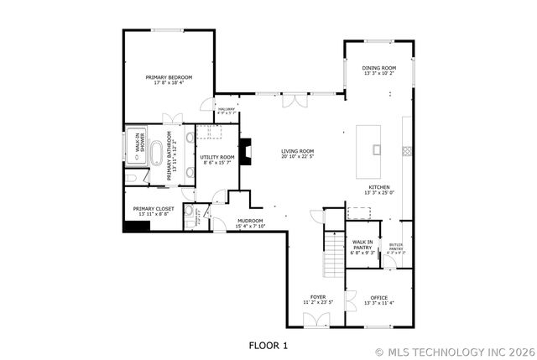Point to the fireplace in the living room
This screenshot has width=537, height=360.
tap(244, 151)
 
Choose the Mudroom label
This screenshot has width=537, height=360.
tap(227, 222)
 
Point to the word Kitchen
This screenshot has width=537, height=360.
tap(379, 187)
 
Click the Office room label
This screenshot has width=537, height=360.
tap(379, 297)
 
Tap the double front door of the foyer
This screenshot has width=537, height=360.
tap(316, 321)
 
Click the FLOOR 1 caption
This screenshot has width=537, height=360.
tap(268, 344)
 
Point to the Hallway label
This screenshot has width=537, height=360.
tap(227, 109)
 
